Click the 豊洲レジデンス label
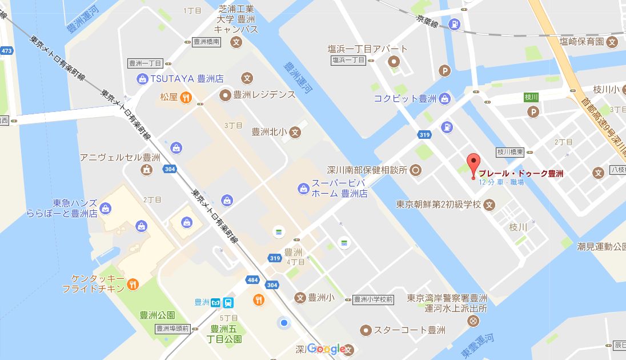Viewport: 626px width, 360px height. coord(264,94)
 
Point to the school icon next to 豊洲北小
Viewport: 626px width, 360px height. coord(295,132)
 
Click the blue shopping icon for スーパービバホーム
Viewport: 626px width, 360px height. coord(303,187)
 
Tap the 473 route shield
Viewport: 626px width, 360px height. coord(6,51)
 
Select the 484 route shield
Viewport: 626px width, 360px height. coord(252,279)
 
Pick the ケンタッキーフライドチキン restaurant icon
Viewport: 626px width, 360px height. coord(133,283)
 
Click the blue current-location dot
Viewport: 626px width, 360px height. coord(284,324)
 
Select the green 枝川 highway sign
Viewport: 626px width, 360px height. coord(532,97)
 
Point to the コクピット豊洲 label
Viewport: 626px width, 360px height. coord(405,98)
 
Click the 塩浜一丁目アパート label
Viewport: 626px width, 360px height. coord(367,49)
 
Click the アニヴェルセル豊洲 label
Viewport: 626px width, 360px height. coord(120,157)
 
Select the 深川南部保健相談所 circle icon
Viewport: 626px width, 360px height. coord(416,169)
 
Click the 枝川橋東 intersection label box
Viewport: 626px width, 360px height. coord(510,152)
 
